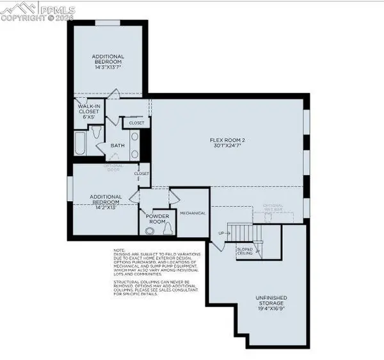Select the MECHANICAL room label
[192, 213]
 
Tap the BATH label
[117, 145]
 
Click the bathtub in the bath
[81, 143]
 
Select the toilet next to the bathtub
[95, 133]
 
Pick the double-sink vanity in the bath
[134, 145]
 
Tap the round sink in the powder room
[147, 228]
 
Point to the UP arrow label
[222, 233]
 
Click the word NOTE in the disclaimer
[119, 250]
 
